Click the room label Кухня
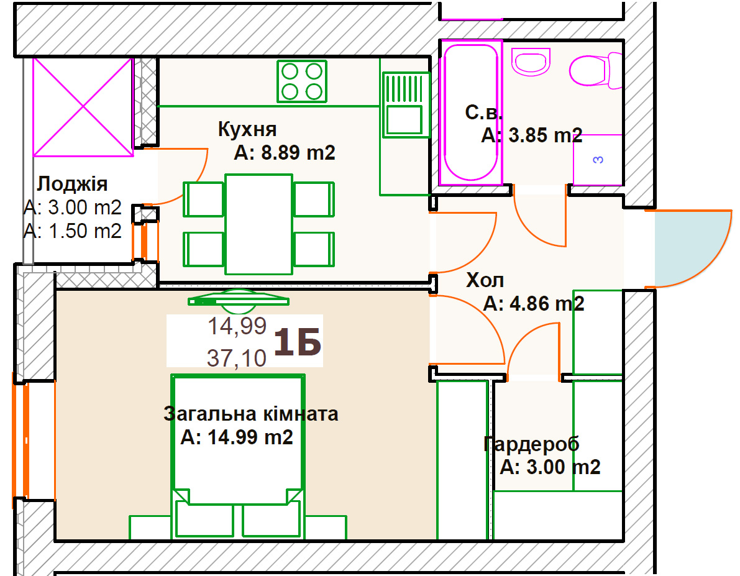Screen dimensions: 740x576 tap(247, 129)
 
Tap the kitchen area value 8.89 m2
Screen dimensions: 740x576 tap(298, 153)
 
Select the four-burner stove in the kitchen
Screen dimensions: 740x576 tap(302, 81)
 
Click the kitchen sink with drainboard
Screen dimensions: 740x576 tap(405, 105)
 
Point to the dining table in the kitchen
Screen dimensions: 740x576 tap(258, 224)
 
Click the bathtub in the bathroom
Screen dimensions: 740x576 tap(470, 112)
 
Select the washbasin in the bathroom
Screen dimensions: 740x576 tap(531, 62)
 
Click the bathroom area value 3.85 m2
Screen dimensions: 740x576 tap(545, 135)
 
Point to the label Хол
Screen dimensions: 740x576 tap(485, 280)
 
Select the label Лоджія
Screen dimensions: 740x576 tap(72, 185)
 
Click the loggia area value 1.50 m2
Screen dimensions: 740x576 tap(85, 231)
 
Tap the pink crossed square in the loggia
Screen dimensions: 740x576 tap(83, 107)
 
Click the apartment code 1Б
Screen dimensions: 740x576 tap(298, 342)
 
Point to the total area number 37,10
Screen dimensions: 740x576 tap(237, 359)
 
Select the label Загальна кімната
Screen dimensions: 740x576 tap(251, 414)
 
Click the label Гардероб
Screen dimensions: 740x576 tap(531, 444)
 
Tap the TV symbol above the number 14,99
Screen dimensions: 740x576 tap(239, 301)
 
